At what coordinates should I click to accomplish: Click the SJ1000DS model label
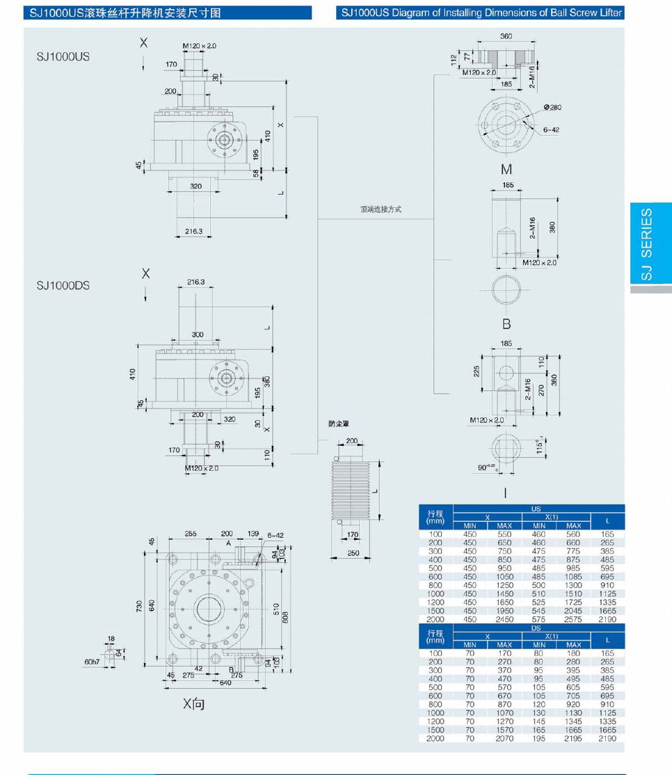pyautogui.click(x=63, y=285)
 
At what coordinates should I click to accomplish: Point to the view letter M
pyautogui.click(x=506, y=169)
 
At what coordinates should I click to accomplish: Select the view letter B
pyautogui.click(x=506, y=323)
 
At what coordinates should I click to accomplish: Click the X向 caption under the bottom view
pyautogui.click(x=194, y=705)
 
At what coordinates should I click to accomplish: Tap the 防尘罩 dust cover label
pyautogui.click(x=339, y=423)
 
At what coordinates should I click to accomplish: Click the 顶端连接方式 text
pyautogui.click(x=381, y=209)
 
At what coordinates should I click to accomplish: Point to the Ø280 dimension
pyautogui.click(x=552, y=107)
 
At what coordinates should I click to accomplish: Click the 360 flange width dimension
pyautogui.click(x=506, y=36)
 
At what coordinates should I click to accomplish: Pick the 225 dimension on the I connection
pyautogui.click(x=477, y=372)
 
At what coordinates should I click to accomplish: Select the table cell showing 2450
pyautogui.click(x=504, y=619)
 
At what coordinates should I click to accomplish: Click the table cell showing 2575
pyautogui.click(x=573, y=619)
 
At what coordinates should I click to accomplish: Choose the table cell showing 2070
pyautogui.click(x=504, y=738)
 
